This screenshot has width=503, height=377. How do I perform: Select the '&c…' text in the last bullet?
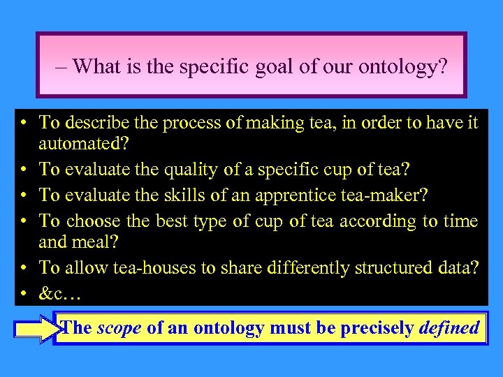coord(60,294)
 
